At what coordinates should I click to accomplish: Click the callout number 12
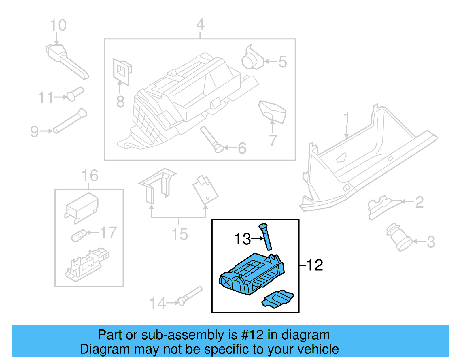click(315, 265)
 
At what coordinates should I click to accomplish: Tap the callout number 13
click(242, 239)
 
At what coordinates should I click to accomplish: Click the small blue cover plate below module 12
click(278, 299)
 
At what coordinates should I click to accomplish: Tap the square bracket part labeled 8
click(122, 71)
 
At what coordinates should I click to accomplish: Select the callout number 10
click(58, 25)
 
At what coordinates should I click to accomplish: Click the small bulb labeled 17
click(79, 235)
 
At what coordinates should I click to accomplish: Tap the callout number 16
click(90, 176)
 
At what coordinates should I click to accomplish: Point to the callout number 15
click(180, 234)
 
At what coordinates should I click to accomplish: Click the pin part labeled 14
click(190, 296)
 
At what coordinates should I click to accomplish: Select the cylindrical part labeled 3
click(399, 237)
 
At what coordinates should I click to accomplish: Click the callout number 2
click(419, 202)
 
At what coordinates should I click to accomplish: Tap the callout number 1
click(347, 118)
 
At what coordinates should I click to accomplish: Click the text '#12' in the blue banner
click(252, 335)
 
